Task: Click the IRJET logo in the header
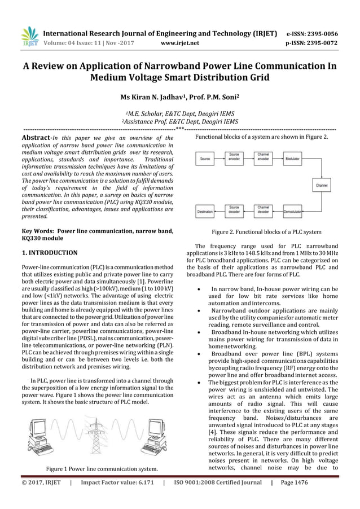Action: [x=29, y=35]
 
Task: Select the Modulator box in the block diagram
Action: [x=293, y=160]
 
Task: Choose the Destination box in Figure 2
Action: [x=205, y=212]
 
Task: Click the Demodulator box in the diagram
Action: [x=292, y=212]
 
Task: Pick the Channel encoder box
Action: [x=263, y=160]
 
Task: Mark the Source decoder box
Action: [x=235, y=212]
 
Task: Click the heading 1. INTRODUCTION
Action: [x=49, y=252]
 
